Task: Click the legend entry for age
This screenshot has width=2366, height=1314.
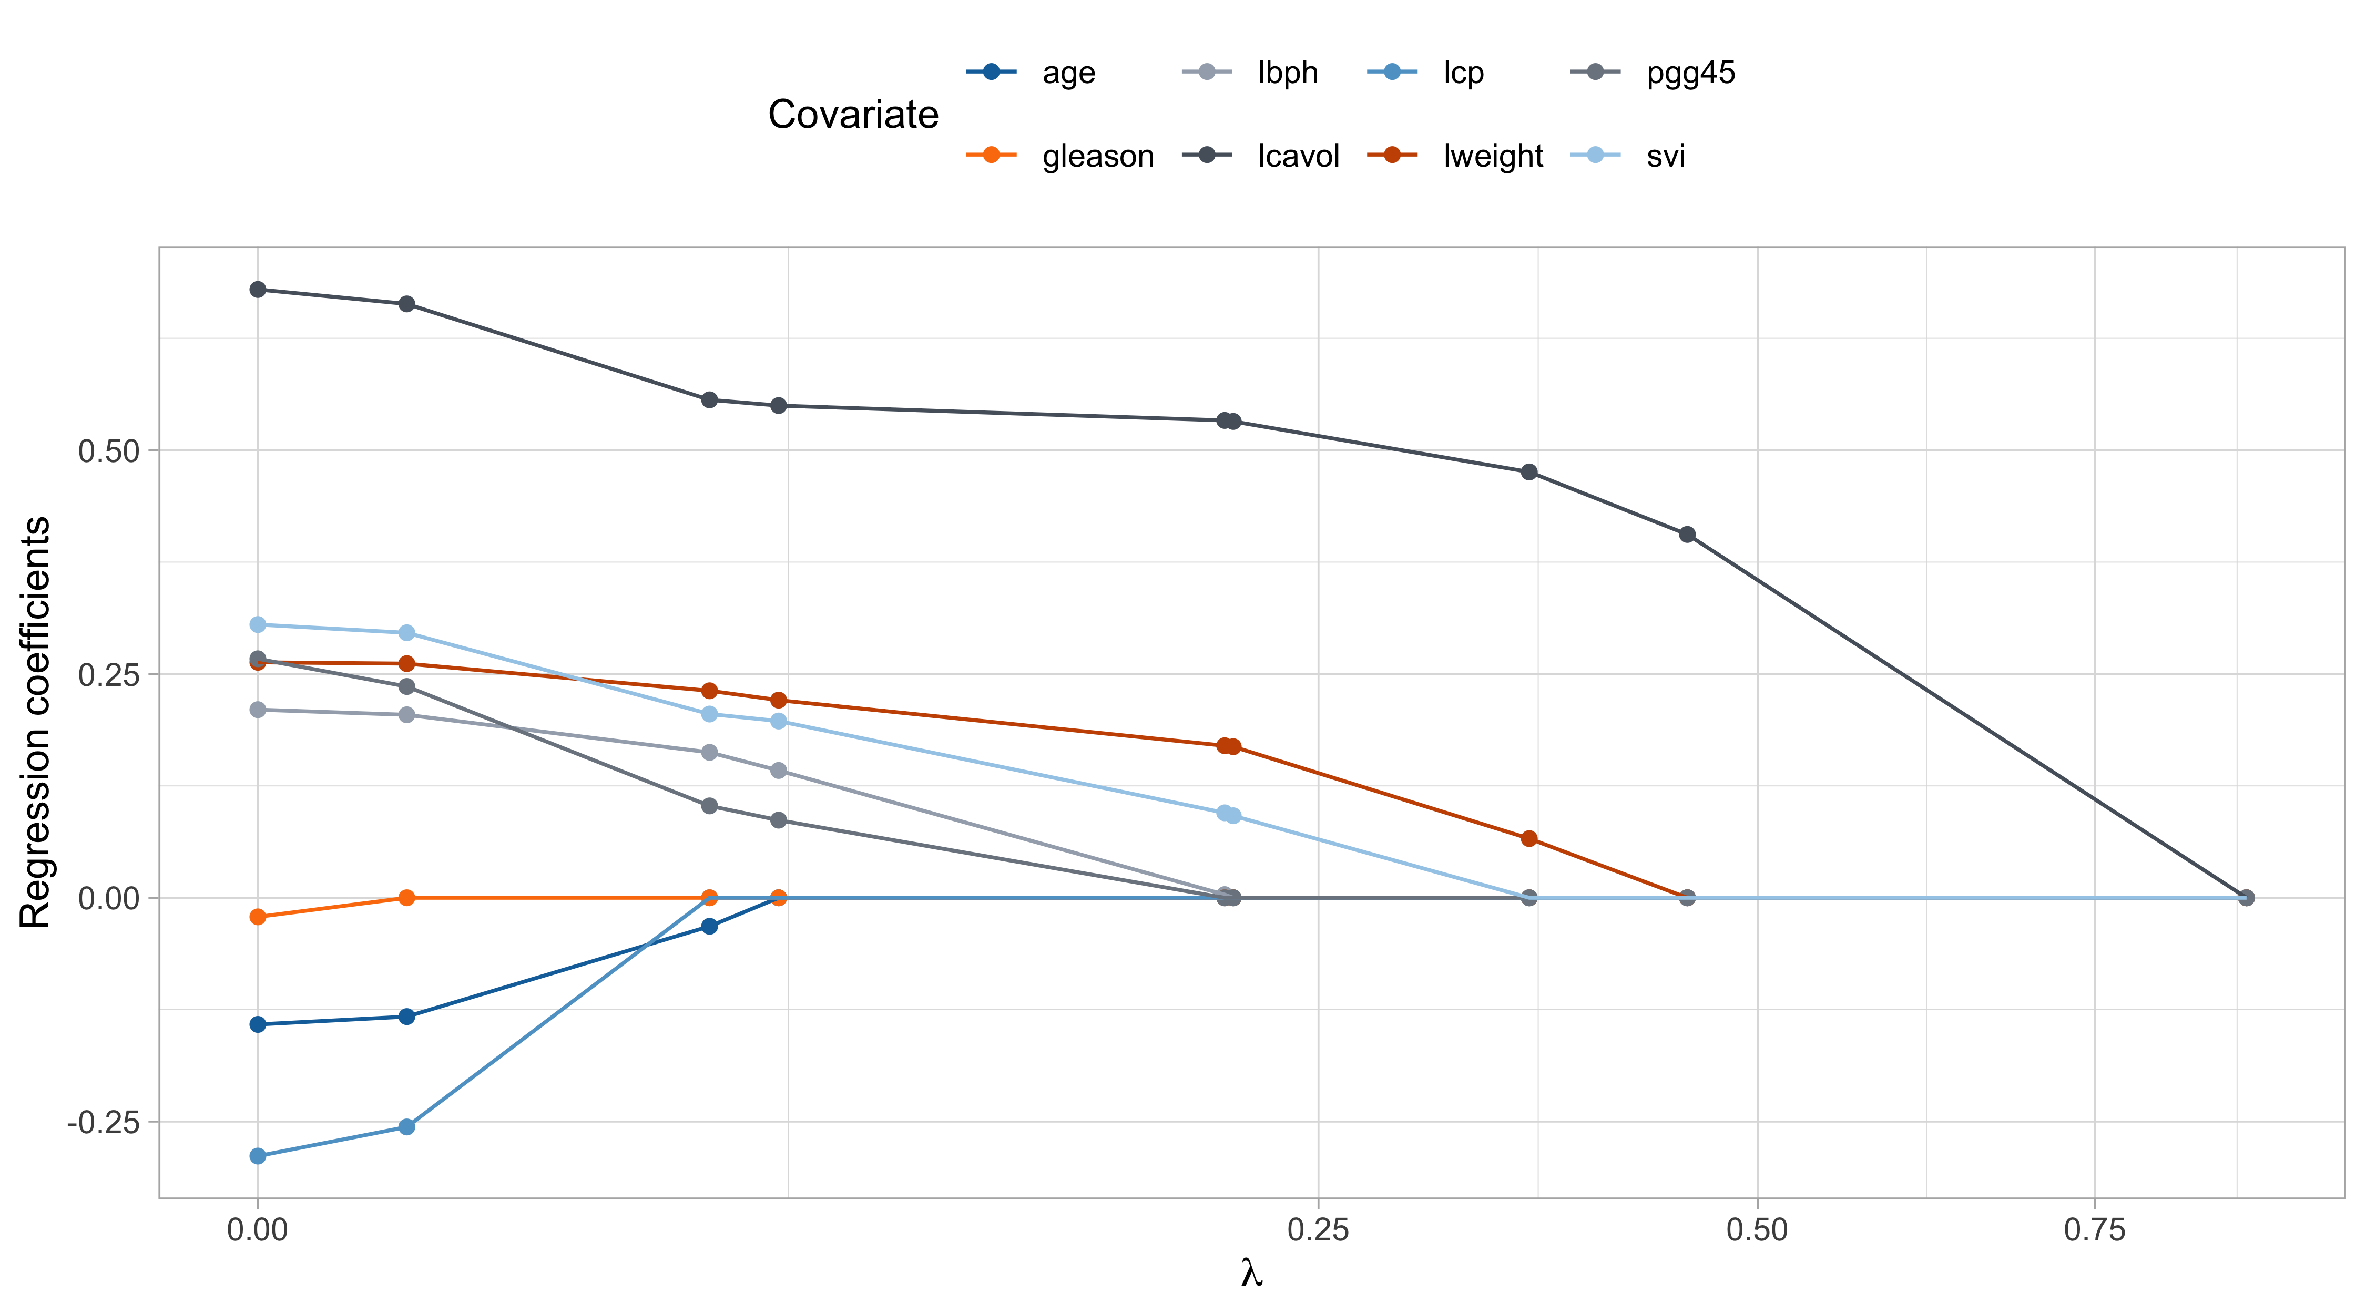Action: (x=1068, y=73)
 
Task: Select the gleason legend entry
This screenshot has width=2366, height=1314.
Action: (x=1098, y=156)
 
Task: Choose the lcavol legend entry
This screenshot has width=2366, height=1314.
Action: (x=1298, y=156)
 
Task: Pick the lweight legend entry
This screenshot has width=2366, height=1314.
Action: (x=1493, y=156)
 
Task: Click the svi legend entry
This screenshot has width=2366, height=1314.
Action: (x=1665, y=156)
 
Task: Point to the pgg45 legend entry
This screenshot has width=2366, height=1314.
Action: (x=1690, y=73)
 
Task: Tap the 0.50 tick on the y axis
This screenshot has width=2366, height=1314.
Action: (x=108, y=451)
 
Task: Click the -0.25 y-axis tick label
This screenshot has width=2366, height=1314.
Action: (x=103, y=1122)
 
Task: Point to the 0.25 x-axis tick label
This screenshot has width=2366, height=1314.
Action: (x=1318, y=1229)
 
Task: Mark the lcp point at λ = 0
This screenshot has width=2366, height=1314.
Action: (x=258, y=1156)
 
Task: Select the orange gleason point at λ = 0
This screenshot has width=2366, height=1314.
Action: (x=258, y=917)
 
